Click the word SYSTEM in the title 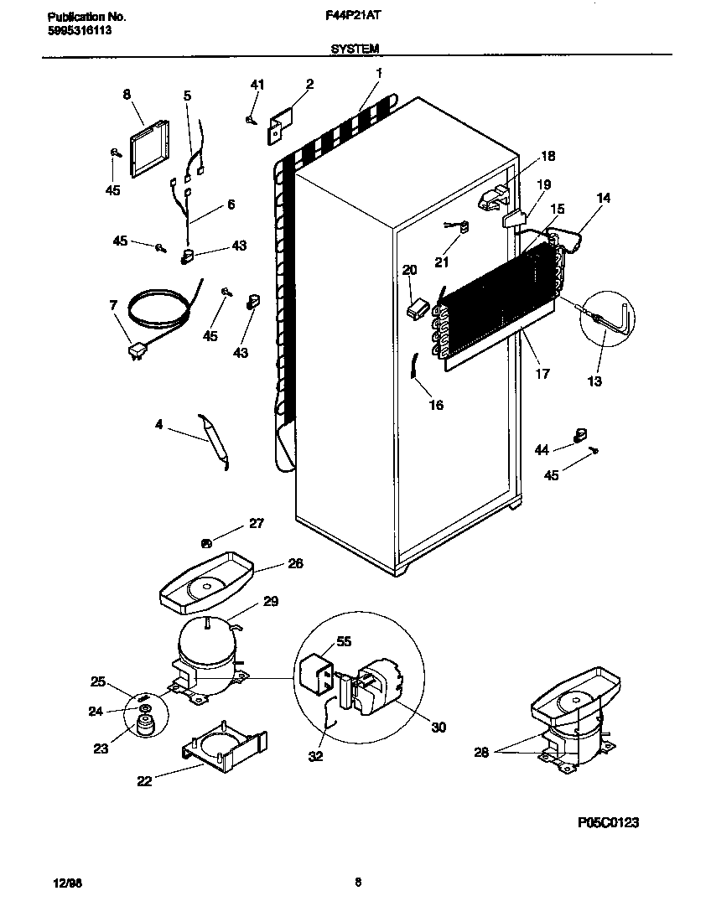(355, 49)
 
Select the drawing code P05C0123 (609, 823)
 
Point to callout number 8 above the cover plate (127, 95)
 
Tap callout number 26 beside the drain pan (295, 563)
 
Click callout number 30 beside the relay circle (438, 728)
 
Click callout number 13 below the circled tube (594, 381)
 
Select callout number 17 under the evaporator (542, 374)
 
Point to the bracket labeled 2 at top (278, 123)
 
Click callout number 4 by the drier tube (158, 425)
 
